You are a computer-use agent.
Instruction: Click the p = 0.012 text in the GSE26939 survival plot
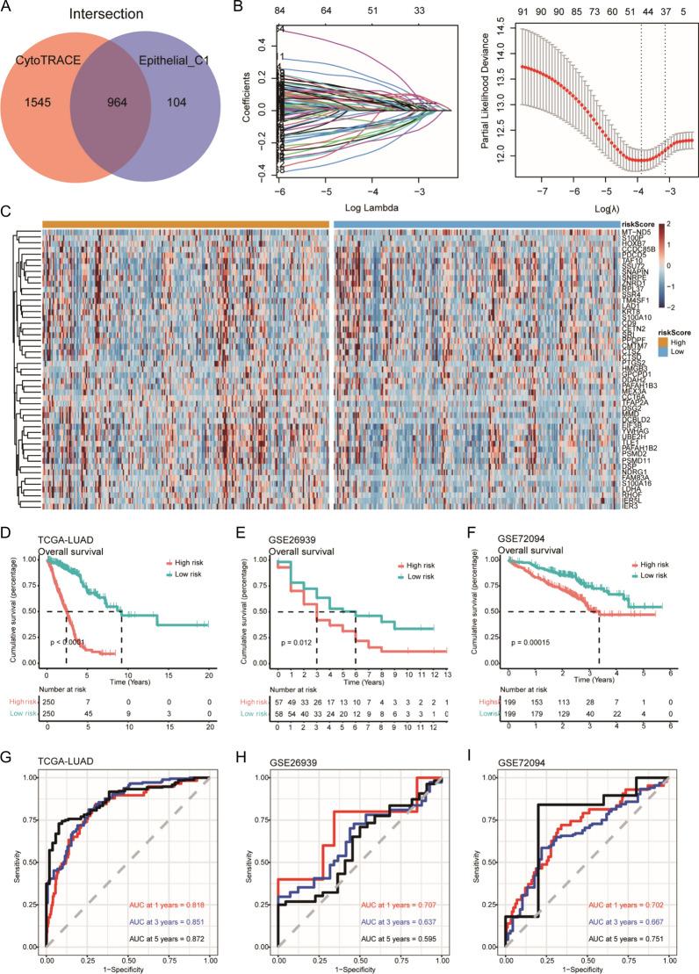287,618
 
